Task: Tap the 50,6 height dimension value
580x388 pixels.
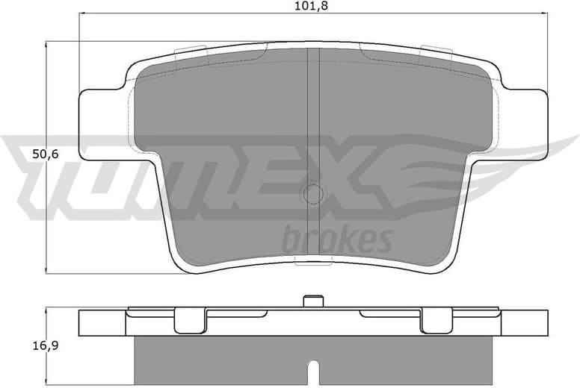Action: tap(24, 155)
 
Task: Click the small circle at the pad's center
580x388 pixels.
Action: tap(313, 194)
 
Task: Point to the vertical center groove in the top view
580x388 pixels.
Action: tap(314, 112)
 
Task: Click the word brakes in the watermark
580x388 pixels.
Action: tap(337, 240)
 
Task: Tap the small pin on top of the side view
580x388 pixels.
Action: tap(314, 301)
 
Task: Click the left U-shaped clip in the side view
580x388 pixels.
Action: tap(190, 320)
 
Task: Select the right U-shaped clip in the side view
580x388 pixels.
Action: tap(437, 320)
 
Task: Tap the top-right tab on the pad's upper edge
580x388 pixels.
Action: tap(437, 51)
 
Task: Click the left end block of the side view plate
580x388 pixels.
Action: tap(102, 322)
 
